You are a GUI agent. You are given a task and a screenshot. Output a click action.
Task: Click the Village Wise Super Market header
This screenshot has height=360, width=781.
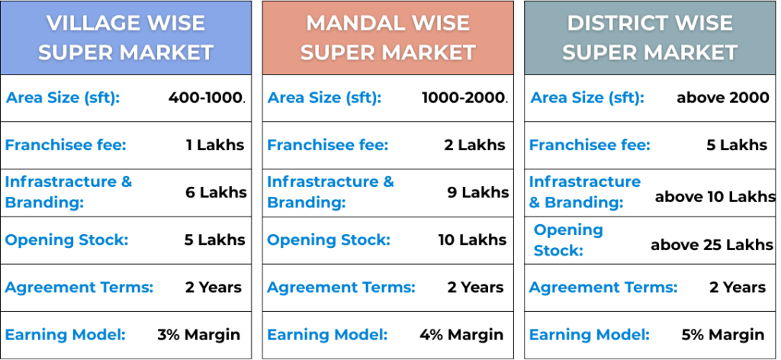(126, 38)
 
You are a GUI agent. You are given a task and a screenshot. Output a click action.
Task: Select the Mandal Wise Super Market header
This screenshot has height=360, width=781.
(387, 38)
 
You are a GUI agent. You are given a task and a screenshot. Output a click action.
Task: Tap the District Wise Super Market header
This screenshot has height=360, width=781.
(650, 38)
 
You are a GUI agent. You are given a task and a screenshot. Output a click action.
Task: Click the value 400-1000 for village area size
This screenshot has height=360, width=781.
(205, 98)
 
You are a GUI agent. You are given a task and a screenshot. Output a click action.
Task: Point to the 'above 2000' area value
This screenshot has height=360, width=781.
(723, 98)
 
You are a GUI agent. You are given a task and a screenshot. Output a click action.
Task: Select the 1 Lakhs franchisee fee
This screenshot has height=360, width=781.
(215, 145)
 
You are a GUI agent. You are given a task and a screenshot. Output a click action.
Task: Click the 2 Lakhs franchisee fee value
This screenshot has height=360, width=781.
(474, 145)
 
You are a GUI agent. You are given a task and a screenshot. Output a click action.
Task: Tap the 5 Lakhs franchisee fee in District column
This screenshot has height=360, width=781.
(738, 145)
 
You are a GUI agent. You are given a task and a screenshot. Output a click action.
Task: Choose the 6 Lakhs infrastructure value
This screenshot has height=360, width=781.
(216, 192)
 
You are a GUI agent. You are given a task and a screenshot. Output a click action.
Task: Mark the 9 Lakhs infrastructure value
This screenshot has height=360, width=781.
(478, 192)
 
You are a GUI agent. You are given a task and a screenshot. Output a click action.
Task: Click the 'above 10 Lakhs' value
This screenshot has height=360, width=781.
(715, 197)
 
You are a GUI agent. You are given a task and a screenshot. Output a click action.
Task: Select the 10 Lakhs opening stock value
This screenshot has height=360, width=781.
(472, 239)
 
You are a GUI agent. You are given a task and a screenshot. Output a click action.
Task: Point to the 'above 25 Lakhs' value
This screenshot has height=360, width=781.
(712, 245)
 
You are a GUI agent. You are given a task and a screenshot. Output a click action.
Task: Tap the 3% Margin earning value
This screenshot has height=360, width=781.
(199, 335)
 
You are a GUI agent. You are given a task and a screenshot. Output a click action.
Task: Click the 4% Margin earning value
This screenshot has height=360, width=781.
(461, 335)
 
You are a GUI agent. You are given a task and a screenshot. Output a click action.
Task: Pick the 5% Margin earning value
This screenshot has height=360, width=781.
(723, 335)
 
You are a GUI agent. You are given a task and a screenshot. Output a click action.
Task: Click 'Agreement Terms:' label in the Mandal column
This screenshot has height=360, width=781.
(341, 288)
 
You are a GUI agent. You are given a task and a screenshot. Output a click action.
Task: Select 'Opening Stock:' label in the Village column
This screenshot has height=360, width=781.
(67, 239)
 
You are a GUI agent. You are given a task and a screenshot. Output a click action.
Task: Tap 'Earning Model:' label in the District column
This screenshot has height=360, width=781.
(590, 335)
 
